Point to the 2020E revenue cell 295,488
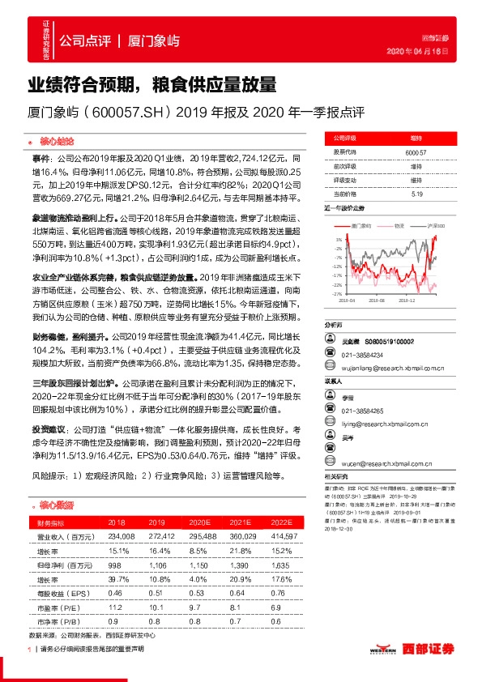pos(198,536)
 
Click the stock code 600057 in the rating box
pos(415,151)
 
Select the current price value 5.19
pos(415,194)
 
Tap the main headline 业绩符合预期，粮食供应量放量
pos(153,84)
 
